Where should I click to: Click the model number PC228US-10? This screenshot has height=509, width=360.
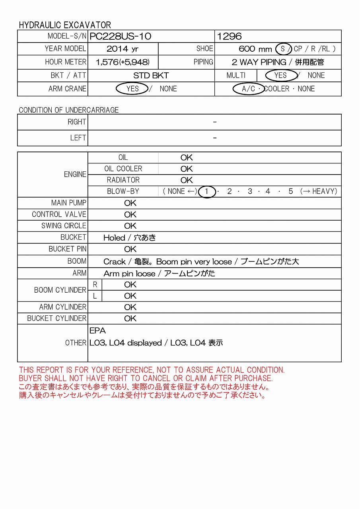click(x=120, y=36)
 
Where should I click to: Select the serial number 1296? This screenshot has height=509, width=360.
click(x=229, y=36)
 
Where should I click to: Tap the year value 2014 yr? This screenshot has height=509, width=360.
click(x=123, y=49)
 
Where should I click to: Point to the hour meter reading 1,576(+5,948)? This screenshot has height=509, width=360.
click(x=123, y=62)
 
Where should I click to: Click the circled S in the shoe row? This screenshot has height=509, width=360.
click(x=283, y=49)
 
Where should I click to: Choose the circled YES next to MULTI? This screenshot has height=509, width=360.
click(x=280, y=75)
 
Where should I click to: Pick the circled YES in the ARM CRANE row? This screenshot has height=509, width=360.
click(x=132, y=88)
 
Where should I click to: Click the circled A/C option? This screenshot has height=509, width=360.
click(x=248, y=88)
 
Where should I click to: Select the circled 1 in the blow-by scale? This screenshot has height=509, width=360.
click(x=207, y=191)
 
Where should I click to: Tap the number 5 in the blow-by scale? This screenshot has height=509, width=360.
click(x=291, y=191)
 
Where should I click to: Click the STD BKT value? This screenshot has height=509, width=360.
click(x=151, y=75)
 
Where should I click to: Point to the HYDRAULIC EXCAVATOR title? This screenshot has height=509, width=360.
click(x=65, y=25)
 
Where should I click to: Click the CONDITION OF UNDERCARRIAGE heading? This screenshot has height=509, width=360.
click(x=69, y=110)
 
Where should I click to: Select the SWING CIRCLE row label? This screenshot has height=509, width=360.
click(x=64, y=226)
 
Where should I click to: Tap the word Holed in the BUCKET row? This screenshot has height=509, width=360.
click(x=114, y=238)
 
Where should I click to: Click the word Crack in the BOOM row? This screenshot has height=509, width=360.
click(x=114, y=262)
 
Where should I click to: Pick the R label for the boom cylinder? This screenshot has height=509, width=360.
click(x=95, y=285)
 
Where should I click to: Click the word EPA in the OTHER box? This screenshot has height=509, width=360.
click(x=97, y=331)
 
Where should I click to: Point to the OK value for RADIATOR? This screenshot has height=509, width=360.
click(x=186, y=180)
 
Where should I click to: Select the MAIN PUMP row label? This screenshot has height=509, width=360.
click(x=69, y=203)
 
